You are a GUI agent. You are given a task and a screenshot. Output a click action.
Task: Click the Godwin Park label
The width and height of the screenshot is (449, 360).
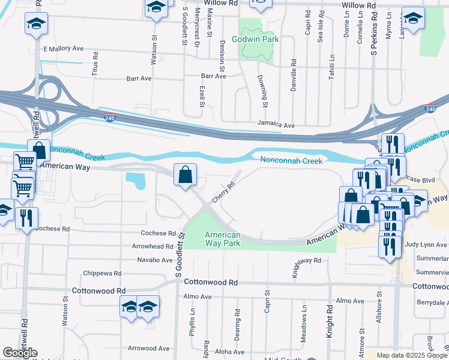257,38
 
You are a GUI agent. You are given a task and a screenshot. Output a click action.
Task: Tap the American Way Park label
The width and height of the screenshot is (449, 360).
222,239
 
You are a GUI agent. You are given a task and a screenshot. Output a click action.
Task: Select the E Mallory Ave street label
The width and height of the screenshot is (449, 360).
63,48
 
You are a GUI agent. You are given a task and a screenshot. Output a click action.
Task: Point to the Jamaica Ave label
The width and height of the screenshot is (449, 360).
276,125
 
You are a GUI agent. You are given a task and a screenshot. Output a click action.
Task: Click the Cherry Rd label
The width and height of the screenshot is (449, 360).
223,193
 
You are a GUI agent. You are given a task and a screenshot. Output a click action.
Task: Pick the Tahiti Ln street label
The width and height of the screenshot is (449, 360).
331,63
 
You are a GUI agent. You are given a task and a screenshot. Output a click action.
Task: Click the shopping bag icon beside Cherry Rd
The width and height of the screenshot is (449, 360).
185,175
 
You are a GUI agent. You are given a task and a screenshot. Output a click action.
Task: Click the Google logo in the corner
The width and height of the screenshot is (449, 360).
20,353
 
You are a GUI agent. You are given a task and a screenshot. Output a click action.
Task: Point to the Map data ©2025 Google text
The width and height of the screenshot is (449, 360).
412,355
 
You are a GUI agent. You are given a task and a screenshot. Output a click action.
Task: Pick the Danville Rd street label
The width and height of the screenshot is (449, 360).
294,70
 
